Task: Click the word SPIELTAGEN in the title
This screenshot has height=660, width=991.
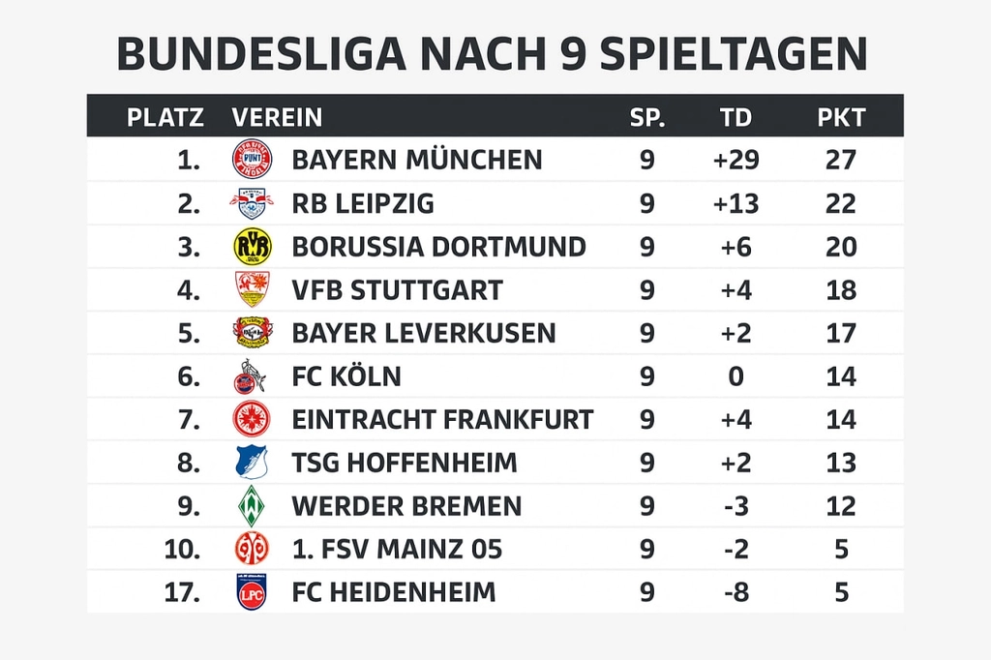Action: (733, 55)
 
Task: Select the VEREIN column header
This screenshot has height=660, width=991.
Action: (277, 118)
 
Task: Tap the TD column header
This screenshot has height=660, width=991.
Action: (736, 118)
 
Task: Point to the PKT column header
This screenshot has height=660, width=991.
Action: (841, 118)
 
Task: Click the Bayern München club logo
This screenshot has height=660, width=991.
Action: (252, 159)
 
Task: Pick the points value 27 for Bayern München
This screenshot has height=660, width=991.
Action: (841, 159)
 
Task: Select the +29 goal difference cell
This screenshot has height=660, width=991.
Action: (736, 159)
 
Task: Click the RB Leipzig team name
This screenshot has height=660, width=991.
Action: (363, 203)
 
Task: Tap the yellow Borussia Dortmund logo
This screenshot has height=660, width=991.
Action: (252, 247)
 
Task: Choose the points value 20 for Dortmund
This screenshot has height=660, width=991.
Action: (841, 247)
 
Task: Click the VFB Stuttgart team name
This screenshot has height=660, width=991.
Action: (397, 289)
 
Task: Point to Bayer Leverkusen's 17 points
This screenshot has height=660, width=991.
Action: (841, 333)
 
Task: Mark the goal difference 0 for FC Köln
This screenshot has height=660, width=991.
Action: (736, 376)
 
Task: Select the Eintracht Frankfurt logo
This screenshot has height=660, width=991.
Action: (252, 419)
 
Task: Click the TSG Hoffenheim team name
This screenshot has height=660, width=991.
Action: (405, 463)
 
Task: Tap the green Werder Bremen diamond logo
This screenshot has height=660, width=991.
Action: (252, 506)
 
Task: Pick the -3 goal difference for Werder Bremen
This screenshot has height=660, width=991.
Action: (736, 506)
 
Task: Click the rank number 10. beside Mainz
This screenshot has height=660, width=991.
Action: (182, 550)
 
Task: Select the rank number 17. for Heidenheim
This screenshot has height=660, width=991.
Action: (182, 592)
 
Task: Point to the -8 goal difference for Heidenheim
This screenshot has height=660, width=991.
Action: (736, 592)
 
